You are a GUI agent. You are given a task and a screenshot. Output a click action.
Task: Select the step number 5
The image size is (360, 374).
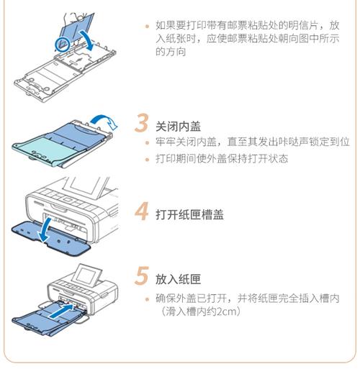143,276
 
